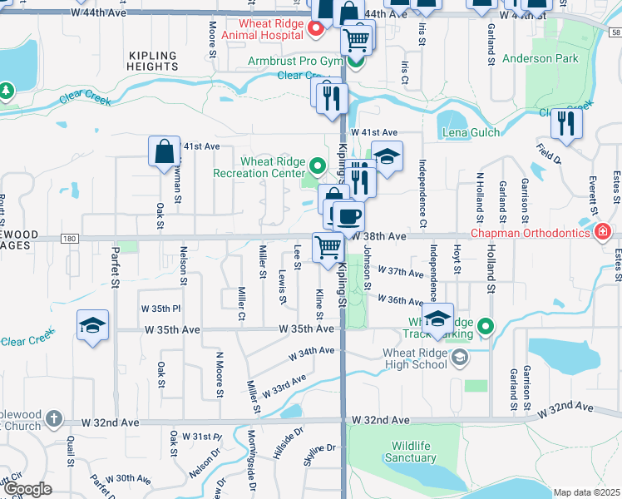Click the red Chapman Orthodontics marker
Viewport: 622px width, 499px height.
tap(602, 231)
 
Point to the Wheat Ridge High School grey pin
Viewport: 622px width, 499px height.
tap(462, 358)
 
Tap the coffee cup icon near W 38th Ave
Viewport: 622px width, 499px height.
tap(348, 216)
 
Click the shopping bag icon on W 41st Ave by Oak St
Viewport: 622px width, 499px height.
tap(165, 151)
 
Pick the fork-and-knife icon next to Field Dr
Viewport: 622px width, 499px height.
tap(566, 124)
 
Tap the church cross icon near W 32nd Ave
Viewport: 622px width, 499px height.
tap(54, 418)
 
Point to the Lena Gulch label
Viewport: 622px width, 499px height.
tap(471, 132)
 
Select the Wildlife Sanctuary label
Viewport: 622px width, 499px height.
tap(410, 452)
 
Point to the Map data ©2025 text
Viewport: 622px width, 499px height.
tap(586, 492)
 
